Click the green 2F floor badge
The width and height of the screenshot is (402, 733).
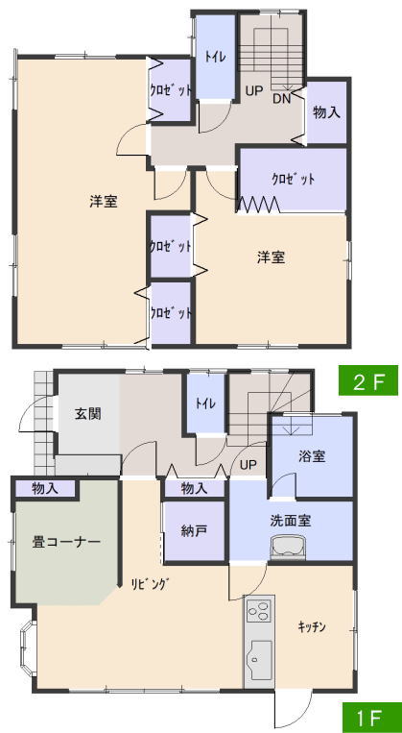(x=367, y=380)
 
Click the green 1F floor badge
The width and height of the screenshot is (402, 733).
(x=371, y=718)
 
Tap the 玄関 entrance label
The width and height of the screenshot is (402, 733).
(x=88, y=413)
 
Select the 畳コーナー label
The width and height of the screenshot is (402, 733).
(x=66, y=542)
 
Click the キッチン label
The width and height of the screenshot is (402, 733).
(x=312, y=627)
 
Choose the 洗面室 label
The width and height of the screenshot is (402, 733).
(x=291, y=520)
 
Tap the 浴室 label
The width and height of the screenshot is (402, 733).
(x=312, y=456)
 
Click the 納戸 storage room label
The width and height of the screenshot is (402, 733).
(x=194, y=531)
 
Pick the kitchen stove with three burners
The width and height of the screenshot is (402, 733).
(x=259, y=611)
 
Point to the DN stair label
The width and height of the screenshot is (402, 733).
(x=281, y=98)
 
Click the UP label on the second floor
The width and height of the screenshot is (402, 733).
(x=254, y=91)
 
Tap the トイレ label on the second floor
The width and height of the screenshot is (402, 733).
(x=215, y=57)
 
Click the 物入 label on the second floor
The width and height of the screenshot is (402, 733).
(x=326, y=112)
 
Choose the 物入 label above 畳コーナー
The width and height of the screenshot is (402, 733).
(x=45, y=489)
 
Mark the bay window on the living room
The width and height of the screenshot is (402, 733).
(x=27, y=647)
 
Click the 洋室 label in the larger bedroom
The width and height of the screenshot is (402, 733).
(x=104, y=202)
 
